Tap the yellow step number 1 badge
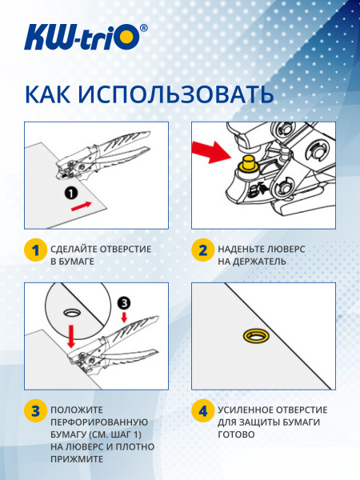(x=34, y=250)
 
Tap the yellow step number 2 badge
(x=202, y=250)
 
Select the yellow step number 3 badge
(x=34, y=412)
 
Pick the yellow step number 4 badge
(x=202, y=412)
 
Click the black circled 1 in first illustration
(x=71, y=193)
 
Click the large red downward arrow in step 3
(x=71, y=334)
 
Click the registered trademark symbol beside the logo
(x=143, y=27)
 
